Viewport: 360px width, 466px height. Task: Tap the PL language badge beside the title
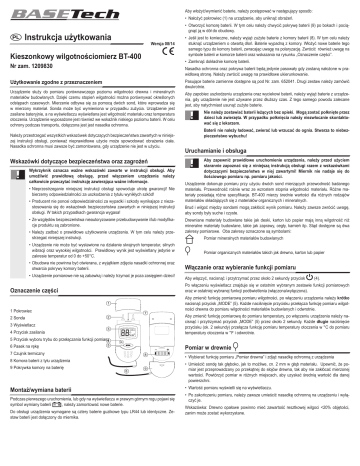[13, 31]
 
